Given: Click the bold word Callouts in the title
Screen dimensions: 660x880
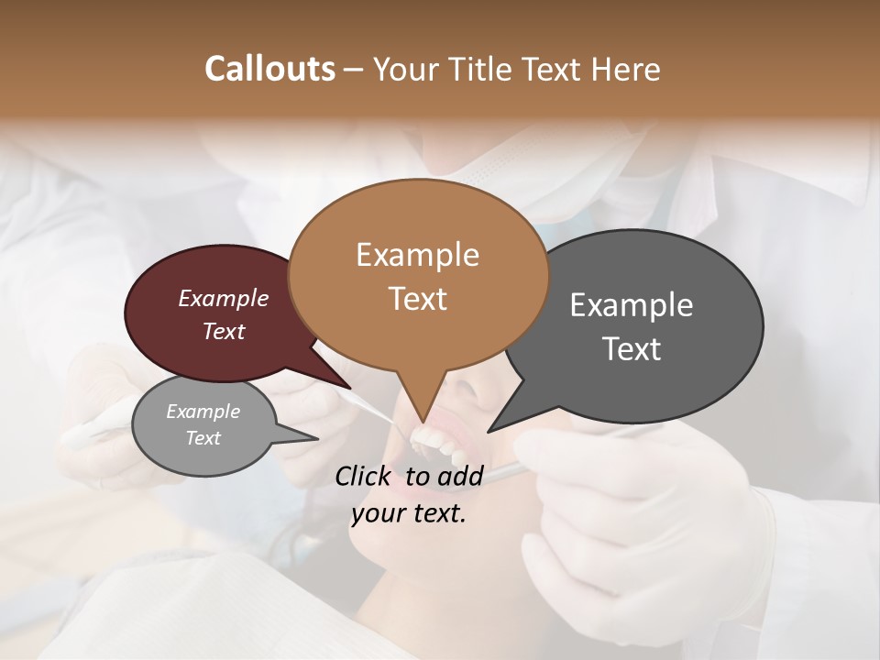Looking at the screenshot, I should pyautogui.click(x=269, y=69).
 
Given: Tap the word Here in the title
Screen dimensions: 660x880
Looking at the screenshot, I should pyautogui.click(x=626, y=70).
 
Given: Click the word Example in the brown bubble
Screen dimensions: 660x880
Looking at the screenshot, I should pyautogui.click(x=417, y=255).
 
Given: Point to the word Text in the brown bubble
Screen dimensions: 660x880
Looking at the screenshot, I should pyautogui.click(x=418, y=299).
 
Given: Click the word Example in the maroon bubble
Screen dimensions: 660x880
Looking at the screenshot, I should pyautogui.click(x=224, y=299).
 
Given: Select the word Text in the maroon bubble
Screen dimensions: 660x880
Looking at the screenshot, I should pyautogui.click(x=224, y=332).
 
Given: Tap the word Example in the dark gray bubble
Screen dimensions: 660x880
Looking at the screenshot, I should pyautogui.click(x=632, y=305).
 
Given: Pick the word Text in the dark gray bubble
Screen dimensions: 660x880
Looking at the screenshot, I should pyautogui.click(x=632, y=349).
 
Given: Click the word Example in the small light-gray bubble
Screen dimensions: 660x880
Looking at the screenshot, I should pyautogui.click(x=203, y=412).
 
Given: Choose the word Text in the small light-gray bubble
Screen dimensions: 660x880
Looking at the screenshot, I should pyautogui.click(x=203, y=438).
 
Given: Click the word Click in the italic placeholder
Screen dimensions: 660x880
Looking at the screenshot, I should pyautogui.click(x=366, y=476).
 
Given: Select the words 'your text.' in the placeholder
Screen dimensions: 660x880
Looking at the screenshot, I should pyautogui.click(x=409, y=514).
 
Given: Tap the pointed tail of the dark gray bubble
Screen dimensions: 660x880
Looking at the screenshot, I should pyautogui.click(x=495, y=425).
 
